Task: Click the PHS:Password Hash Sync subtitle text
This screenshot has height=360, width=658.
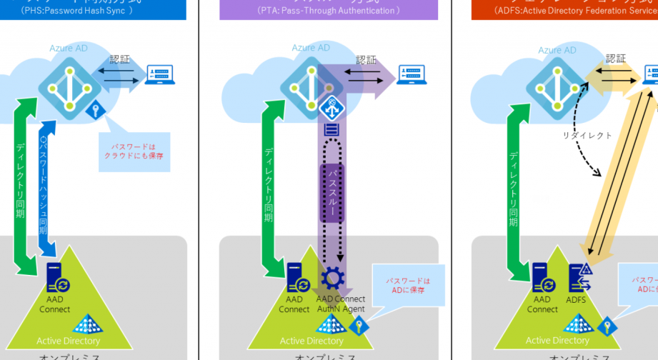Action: point(76,11)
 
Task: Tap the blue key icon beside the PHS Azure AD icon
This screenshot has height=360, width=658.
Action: point(94,111)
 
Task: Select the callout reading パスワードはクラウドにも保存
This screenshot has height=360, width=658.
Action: point(134,151)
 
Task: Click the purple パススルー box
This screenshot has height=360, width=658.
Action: point(332,192)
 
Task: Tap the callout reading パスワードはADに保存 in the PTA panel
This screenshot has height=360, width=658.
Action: point(409,286)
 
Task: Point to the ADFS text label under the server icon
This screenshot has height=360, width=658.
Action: point(576,300)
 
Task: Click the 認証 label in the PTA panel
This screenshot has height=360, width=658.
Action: point(366,59)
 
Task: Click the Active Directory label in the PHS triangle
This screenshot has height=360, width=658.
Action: point(68,341)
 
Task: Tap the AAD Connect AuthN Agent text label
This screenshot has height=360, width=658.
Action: point(341,304)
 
